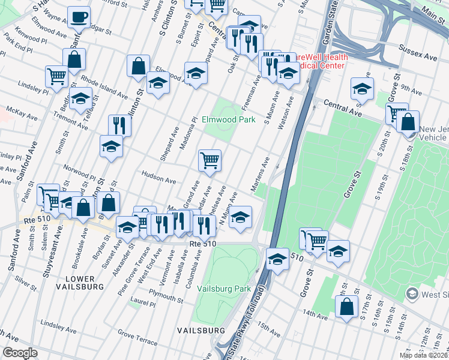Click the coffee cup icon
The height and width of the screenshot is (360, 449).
tap(79, 17)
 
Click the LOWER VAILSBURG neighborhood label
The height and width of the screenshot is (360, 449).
tap(76, 283)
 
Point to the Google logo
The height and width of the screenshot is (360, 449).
tap(20, 352)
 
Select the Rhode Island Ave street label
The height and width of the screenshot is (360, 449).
tap(104, 87)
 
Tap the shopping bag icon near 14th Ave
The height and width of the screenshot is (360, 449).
tap(347, 307)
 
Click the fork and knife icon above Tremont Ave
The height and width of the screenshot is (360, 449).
tap(120, 125)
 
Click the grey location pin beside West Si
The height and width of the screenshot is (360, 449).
tap(412, 293)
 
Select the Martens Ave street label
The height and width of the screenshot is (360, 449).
tap(260, 175)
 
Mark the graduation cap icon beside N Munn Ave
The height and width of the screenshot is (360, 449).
tap(240, 217)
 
